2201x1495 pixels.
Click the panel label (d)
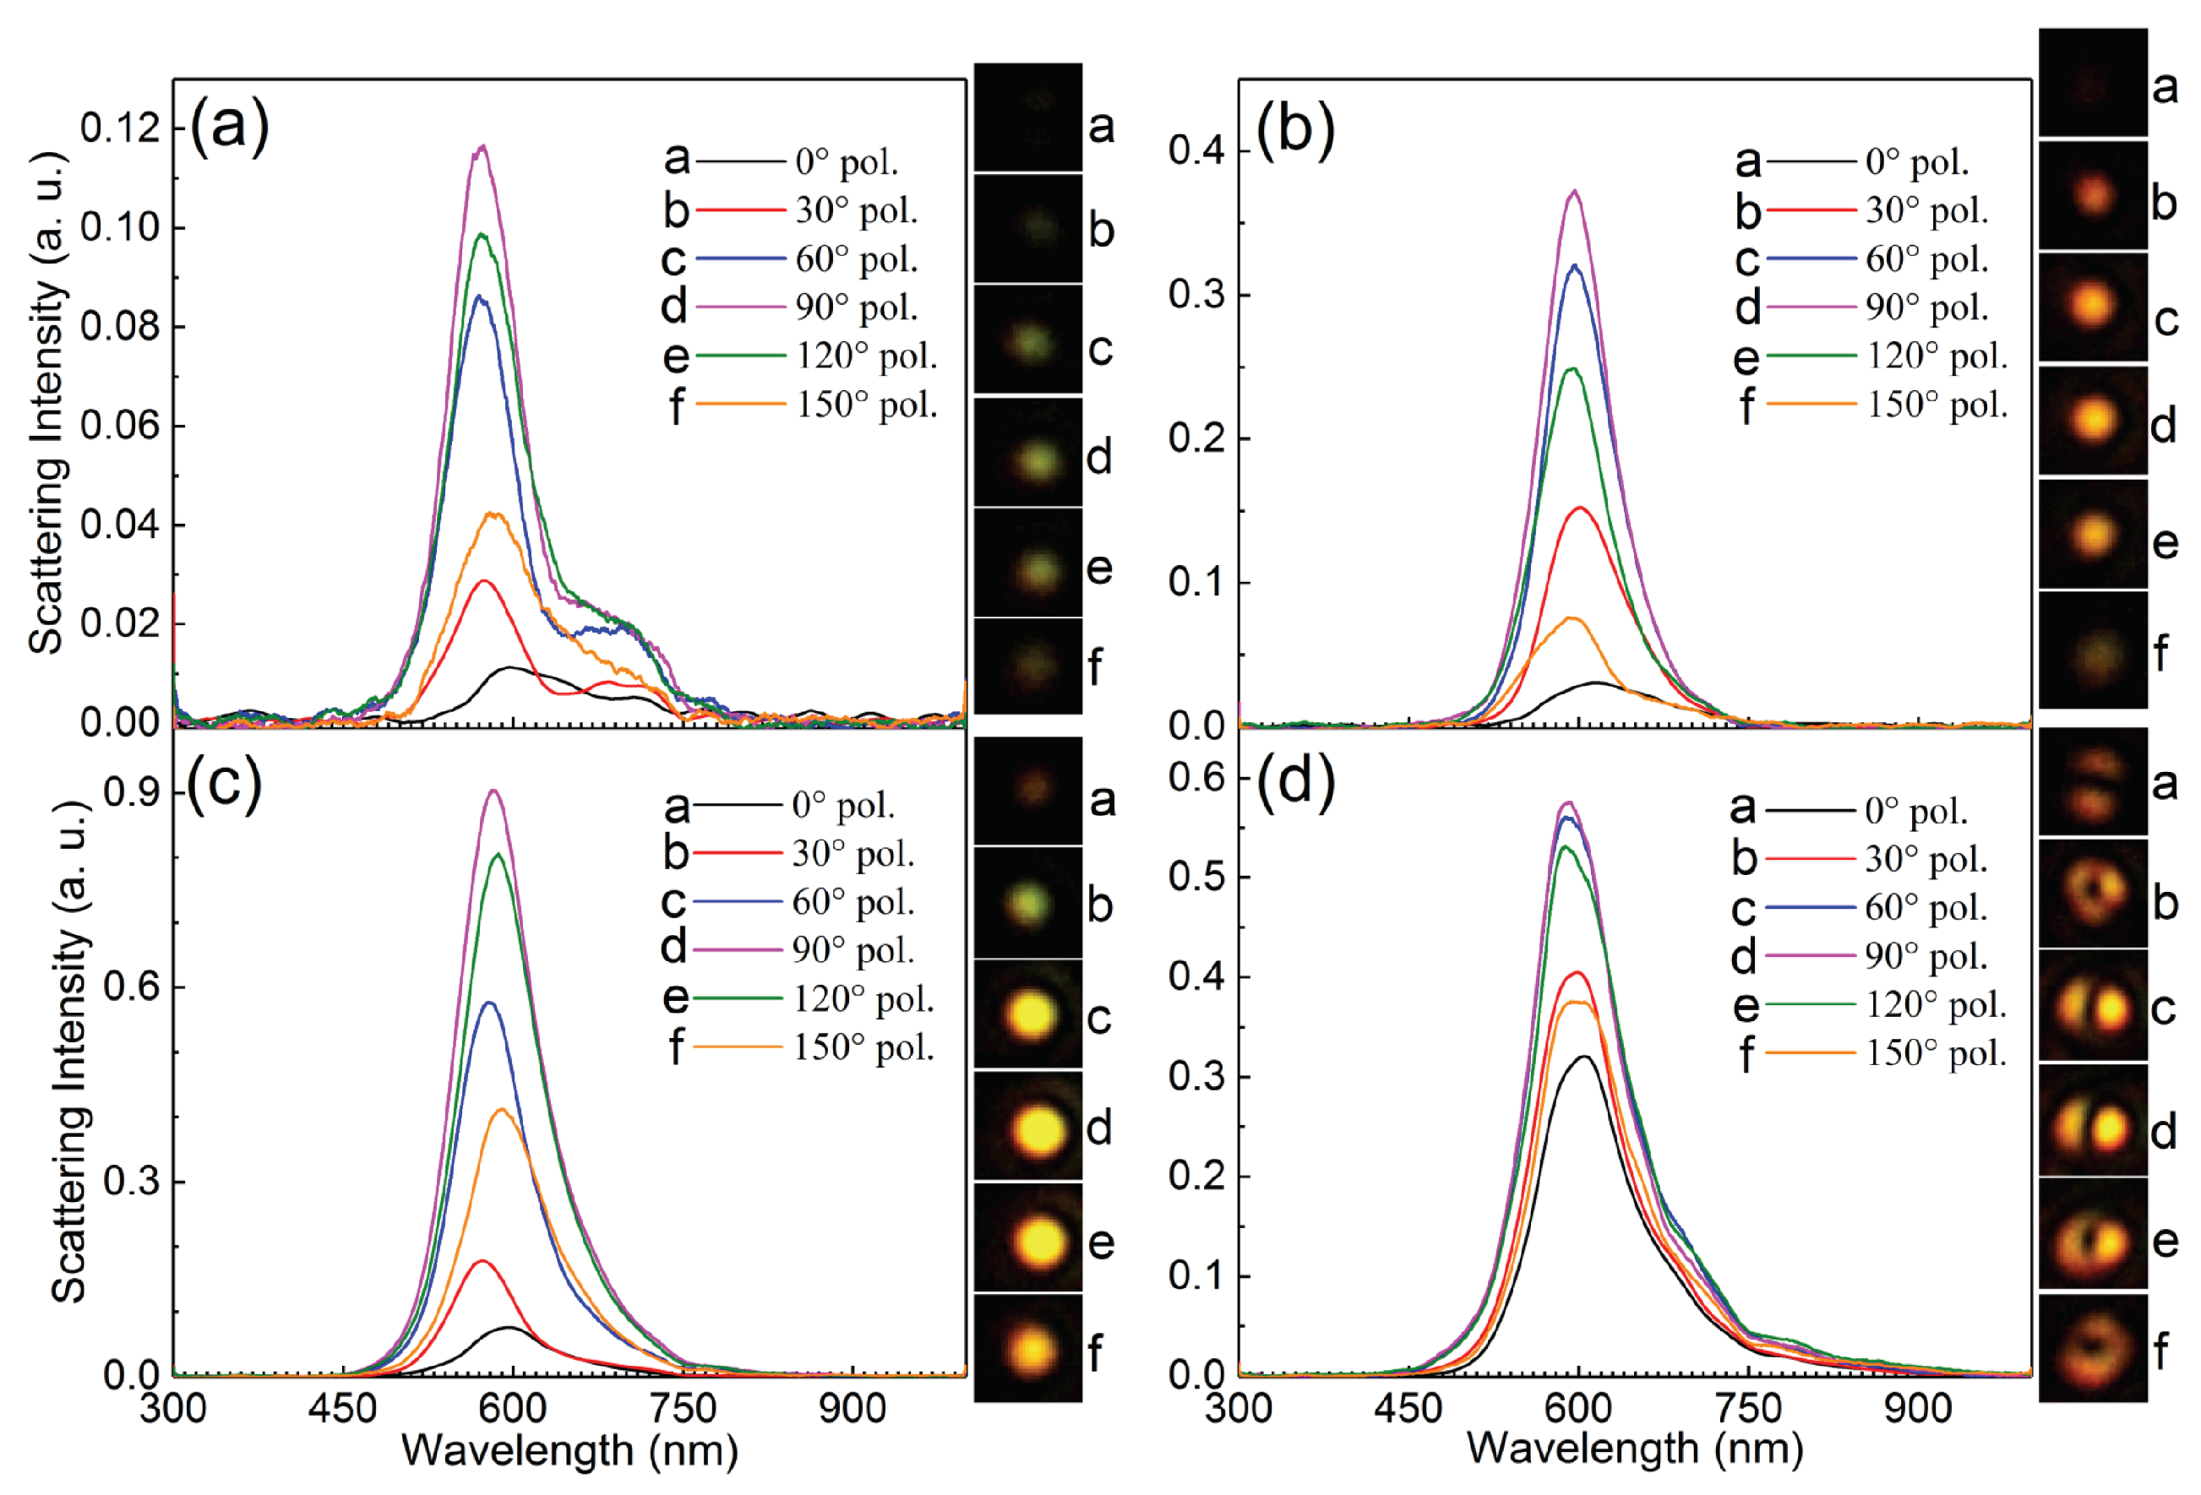pyautogui.click(x=1295, y=782)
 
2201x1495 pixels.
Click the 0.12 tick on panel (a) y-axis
pyautogui.click(x=120, y=128)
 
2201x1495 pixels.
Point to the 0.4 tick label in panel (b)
pyautogui.click(x=1196, y=149)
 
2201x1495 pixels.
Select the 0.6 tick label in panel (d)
pyautogui.click(x=1196, y=777)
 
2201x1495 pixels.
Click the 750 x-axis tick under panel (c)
pyautogui.click(x=684, y=1408)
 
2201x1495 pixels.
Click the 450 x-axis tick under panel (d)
pyautogui.click(x=1408, y=1408)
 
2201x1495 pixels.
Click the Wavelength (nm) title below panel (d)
pyautogui.click(x=1635, y=1449)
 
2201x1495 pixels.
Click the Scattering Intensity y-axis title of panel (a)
pyautogui.click(x=47, y=402)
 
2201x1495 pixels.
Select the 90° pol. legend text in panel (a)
pyautogui.click(x=856, y=307)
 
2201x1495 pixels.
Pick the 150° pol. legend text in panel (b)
pyautogui.click(x=1937, y=405)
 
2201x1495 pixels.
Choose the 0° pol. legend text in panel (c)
pyautogui.click(x=843, y=805)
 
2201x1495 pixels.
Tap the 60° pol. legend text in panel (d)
pyautogui.click(x=1926, y=907)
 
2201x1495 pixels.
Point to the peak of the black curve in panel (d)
pyautogui.click(x=1583, y=1057)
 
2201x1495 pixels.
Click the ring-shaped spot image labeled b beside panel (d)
pyautogui.click(x=2092, y=894)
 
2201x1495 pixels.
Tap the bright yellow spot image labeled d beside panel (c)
pyautogui.click(x=1028, y=1127)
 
